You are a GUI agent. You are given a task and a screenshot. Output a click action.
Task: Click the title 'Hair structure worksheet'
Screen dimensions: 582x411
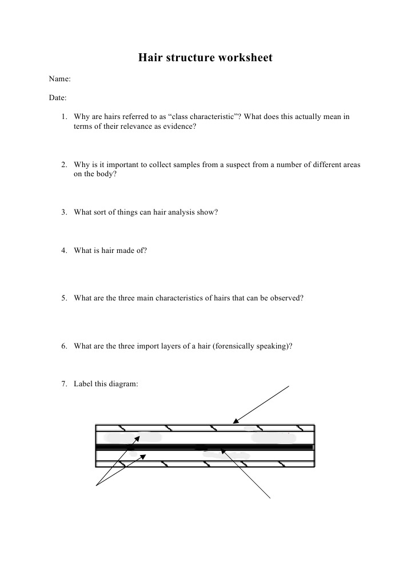(205, 58)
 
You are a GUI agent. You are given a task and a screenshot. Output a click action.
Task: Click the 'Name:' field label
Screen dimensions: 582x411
(59, 79)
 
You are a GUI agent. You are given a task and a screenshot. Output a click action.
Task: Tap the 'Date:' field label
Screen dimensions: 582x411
(58, 98)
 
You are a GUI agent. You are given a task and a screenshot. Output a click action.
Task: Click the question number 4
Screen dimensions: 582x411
(65, 250)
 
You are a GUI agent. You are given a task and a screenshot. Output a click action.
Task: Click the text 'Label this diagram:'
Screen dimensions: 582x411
(106, 384)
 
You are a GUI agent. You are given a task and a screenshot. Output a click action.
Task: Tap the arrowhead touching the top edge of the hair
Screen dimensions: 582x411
(234, 423)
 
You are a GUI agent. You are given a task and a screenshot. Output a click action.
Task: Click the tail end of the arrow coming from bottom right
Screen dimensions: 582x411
(269, 497)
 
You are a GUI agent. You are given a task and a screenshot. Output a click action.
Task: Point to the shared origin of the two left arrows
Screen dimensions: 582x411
(97, 486)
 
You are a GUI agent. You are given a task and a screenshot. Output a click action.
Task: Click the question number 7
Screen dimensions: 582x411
(65, 384)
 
